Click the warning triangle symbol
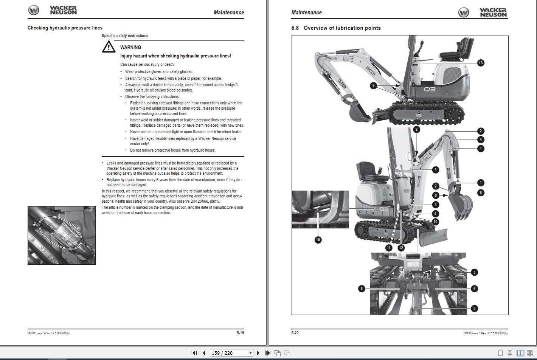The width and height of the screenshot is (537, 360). click(109, 47)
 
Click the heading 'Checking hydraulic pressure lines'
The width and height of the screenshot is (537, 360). click(65, 28)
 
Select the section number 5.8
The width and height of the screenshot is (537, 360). click(295, 28)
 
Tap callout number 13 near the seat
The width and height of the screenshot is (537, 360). click(480, 63)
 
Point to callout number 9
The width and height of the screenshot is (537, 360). click(373, 85)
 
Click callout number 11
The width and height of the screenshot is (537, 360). click(389, 248)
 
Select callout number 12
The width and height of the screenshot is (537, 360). click(401, 248)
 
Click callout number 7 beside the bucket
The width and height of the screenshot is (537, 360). click(436, 186)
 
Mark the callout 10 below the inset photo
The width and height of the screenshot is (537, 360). click(318, 240)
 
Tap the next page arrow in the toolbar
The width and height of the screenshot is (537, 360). click(258, 353)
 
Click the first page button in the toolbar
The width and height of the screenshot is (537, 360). click(195, 353)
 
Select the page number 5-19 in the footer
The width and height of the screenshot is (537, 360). click(240, 333)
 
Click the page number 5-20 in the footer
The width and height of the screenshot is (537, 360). click(295, 333)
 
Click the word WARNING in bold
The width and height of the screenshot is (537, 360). click(130, 47)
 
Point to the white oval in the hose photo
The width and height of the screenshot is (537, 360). click(61, 232)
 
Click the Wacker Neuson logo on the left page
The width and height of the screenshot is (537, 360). click(53, 10)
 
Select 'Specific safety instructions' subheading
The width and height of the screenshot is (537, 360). click(125, 36)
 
